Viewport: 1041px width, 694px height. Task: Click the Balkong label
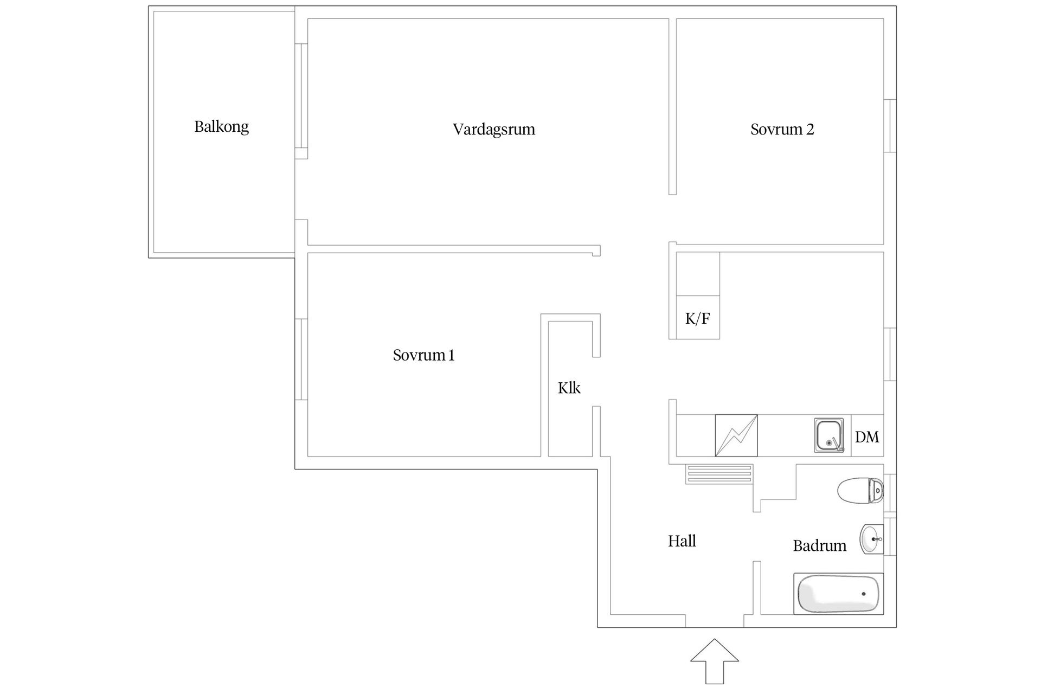pos(221,127)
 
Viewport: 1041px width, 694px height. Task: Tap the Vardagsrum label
pos(494,130)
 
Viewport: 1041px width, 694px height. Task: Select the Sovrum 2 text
pos(782,129)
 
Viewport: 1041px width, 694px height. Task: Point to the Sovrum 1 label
pos(423,355)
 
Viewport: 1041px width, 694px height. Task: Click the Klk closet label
pos(569,388)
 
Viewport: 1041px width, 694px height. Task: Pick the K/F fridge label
pos(697,318)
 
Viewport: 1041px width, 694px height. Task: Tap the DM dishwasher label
pos(867,437)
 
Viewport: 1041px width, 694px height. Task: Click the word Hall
pos(682,541)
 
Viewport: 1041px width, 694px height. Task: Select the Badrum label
pos(819,545)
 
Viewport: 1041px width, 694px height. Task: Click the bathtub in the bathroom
pos(838,594)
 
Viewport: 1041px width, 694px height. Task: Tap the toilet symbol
pos(860,491)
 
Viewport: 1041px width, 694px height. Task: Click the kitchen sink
pos(828,435)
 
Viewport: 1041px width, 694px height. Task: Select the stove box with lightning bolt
pos(736,435)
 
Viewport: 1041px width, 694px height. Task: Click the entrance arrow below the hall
pos(714,661)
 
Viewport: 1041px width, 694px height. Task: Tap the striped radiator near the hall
pos(719,474)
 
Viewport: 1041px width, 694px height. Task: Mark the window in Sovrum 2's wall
pos(890,126)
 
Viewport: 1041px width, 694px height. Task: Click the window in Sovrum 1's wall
pos(301,359)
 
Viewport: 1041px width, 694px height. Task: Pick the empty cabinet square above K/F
pos(698,274)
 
